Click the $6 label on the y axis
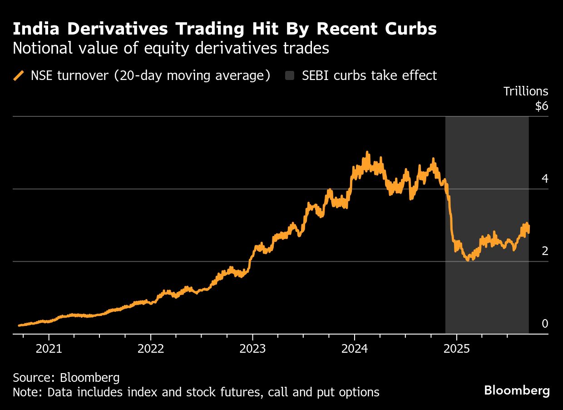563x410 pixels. [x=542, y=106]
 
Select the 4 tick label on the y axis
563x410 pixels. [x=545, y=179]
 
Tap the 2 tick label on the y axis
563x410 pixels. [x=545, y=251]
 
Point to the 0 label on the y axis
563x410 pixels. [x=545, y=324]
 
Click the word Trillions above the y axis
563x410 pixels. [x=526, y=91]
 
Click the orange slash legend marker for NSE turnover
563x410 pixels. [x=19, y=75]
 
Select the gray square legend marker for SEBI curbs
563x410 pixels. [x=290, y=75]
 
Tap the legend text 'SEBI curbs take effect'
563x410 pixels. [x=369, y=75]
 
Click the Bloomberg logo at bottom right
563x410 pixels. [x=517, y=390]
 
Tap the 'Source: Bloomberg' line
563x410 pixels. [x=66, y=377]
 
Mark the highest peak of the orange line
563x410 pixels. [x=367, y=153]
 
